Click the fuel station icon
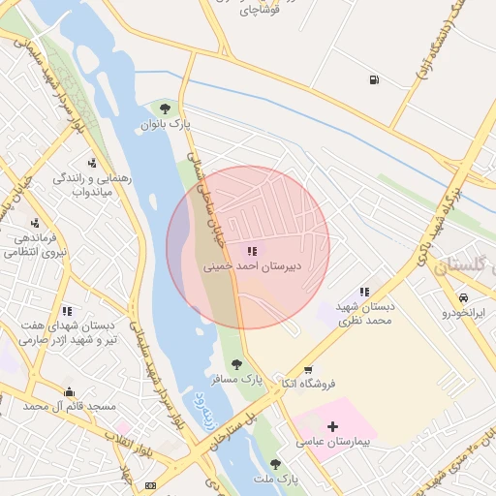374,79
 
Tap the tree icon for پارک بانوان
165,108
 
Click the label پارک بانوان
166,125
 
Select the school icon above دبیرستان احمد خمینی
252,251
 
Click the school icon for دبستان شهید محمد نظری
364,291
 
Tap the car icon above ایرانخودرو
463,297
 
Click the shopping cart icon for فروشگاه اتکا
308,369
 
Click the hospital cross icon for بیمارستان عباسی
333,425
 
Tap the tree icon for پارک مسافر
236,364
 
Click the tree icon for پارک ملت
276,464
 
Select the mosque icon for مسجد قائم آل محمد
69,391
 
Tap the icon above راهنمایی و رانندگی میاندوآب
91,163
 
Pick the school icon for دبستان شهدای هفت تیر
67,311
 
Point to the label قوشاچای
259,11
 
